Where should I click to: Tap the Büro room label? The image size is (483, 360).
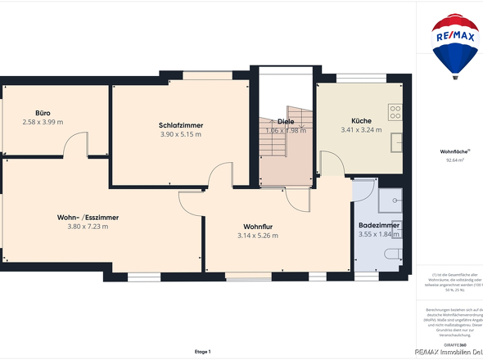pyautogui.click(x=43, y=113)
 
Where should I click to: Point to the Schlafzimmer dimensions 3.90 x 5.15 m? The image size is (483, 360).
pyautogui.click(x=181, y=135)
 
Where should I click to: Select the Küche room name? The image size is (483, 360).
pyautogui.click(x=361, y=119)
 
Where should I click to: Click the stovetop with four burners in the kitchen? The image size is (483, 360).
pyautogui.click(x=395, y=111)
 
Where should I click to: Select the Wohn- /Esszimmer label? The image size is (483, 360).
pyautogui.click(x=88, y=217)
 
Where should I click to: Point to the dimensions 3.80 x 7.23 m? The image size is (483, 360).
pyautogui.click(x=88, y=227)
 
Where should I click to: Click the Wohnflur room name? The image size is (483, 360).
pyautogui.click(x=258, y=226)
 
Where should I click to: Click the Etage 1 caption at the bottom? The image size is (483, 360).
pyautogui.click(x=202, y=352)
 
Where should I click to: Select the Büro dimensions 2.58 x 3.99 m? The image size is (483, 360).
pyautogui.click(x=43, y=123)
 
